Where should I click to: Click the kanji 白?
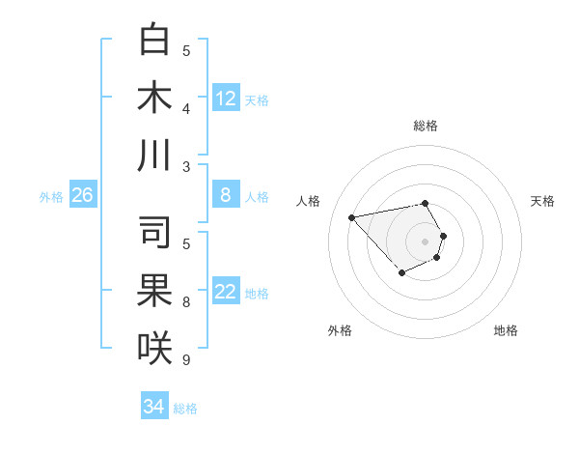click(x=154, y=41)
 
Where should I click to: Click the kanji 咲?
click(x=154, y=348)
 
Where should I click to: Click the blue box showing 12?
click(x=226, y=98)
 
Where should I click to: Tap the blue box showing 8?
click(x=226, y=195)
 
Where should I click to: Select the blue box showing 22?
click(x=226, y=293)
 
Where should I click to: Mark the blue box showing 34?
click(x=153, y=407)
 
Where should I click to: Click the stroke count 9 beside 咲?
click(x=186, y=360)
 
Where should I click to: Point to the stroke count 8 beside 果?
click(x=186, y=302)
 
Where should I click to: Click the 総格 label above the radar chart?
click(x=426, y=126)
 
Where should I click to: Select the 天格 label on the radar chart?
click(x=542, y=201)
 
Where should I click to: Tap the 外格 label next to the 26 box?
click(x=51, y=197)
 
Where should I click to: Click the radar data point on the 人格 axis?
click(x=351, y=216)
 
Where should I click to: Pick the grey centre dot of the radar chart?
click(x=426, y=241)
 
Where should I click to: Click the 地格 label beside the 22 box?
click(x=257, y=294)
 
